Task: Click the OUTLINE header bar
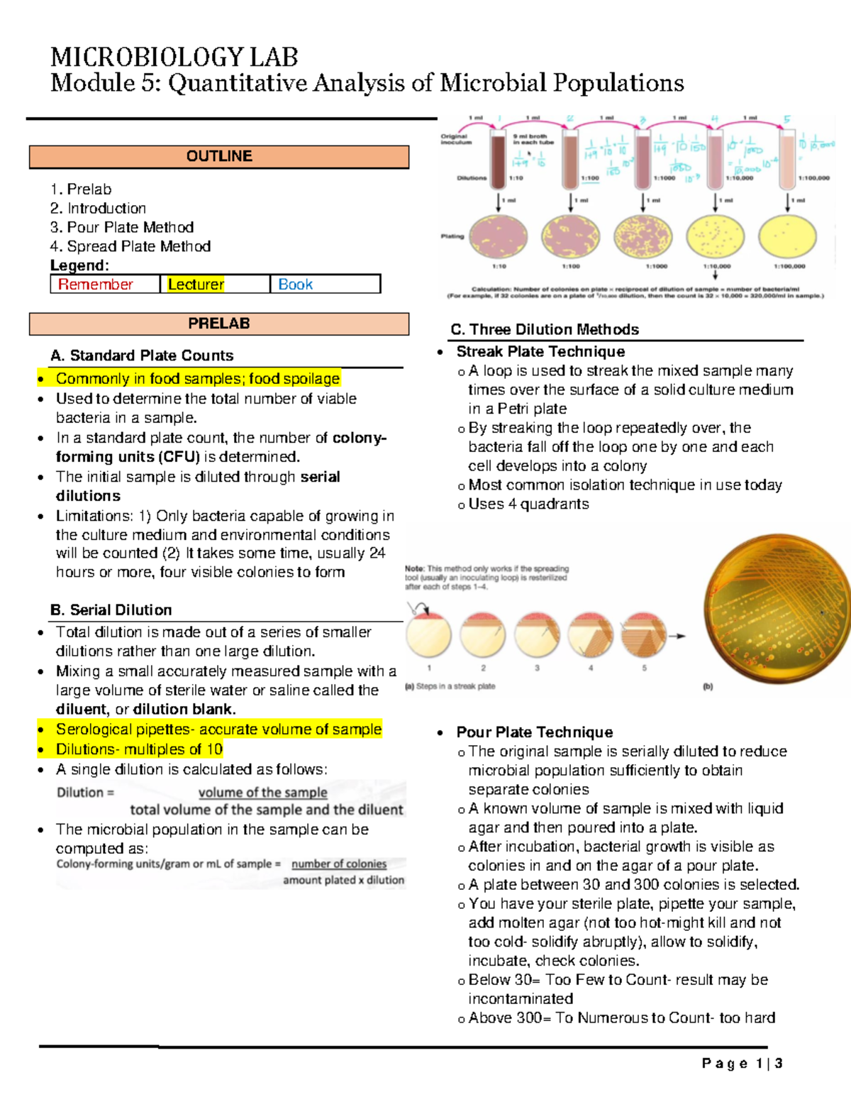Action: [x=219, y=156]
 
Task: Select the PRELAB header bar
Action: [x=219, y=324]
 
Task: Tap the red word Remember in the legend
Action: [x=96, y=285]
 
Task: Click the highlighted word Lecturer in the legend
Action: [x=196, y=285]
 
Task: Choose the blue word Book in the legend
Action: [x=295, y=285]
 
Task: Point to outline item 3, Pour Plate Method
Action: [x=122, y=227]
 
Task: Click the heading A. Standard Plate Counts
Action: [x=142, y=356]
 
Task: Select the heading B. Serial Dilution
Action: [x=111, y=610]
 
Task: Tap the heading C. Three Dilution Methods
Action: [x=545, y=329]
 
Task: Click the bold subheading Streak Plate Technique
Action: [x=540, y=351]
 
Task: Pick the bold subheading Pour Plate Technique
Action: [x=535, y=732]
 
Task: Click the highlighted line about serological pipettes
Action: [x=218, y=729]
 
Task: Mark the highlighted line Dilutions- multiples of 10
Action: [x=139, y=749]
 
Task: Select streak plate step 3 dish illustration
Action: [x=538, y=634]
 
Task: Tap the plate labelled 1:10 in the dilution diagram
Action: [x=499, y=236]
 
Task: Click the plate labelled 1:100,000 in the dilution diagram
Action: [x=786, y=236]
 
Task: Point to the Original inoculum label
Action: [x=455, y=139]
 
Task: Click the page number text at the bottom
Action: [x=742, y=1063]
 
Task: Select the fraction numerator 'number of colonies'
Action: [x=339, y=864]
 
